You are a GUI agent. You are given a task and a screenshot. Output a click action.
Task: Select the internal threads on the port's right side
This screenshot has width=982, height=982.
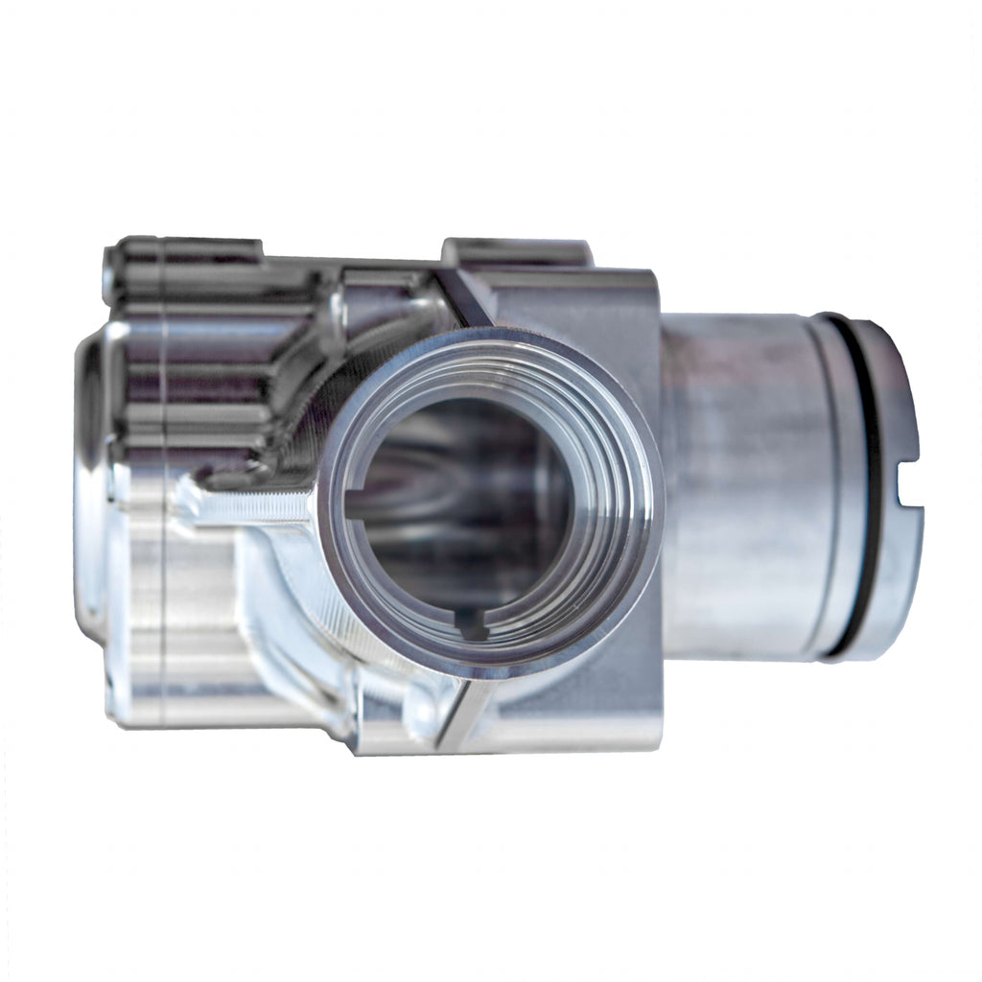tap(614, 499)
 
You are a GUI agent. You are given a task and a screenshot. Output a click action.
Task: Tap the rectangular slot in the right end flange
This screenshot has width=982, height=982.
tap(908, 496)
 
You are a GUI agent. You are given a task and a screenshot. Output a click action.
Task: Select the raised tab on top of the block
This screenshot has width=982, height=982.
tap(515, 252)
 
